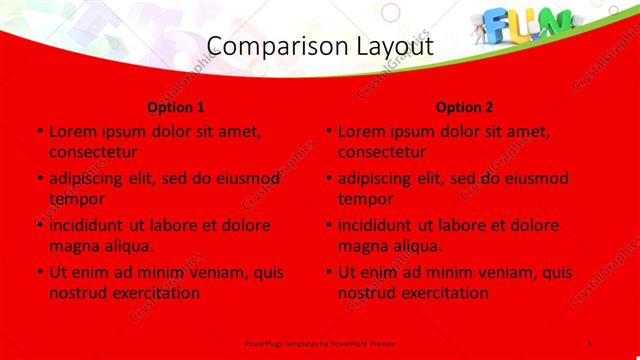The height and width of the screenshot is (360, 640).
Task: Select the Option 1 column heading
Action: coord(176,107)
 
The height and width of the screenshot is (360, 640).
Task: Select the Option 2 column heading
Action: coord(465,107)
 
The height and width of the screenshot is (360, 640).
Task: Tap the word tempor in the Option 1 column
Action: coord(76,199)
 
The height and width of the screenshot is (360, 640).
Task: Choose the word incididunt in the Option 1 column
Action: coord(87,226)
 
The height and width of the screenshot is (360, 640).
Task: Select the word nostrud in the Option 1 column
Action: coord(77,293)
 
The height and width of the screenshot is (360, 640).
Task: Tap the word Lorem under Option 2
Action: coord(361,132)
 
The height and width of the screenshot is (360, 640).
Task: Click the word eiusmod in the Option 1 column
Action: coord(245,179)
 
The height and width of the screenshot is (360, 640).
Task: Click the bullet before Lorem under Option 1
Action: coord(39,132)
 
